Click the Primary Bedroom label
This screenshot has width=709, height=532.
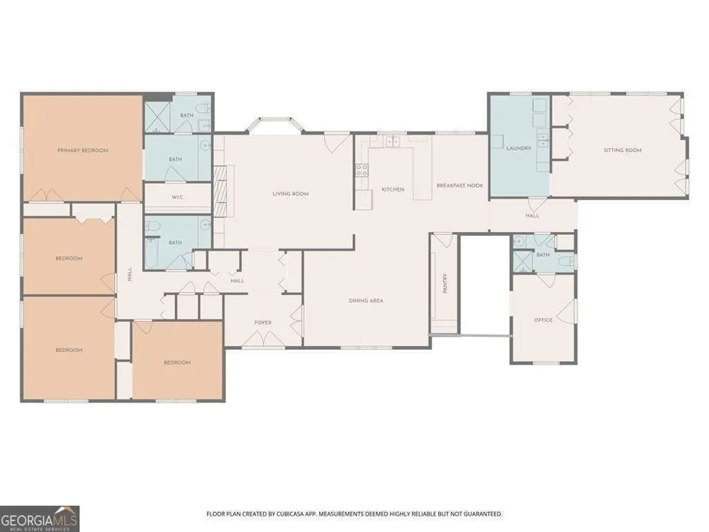pyautogui.click(x=83, y=150)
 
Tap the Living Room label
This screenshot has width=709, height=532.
pyautogui.click(x=291, y=194)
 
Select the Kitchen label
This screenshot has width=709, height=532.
pyautogui.click(x=393, y=189)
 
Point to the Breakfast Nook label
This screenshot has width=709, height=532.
pyautogui.click(x=460, y=185)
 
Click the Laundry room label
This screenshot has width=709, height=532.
pyautogui.click(x=519, y=148)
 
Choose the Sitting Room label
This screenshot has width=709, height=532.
pyautogui.click(x=623, y=150)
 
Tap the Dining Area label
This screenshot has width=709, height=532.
pyautogui.click(x=367, y=300)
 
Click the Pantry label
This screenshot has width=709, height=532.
pyautogui.click(x=445, y=284)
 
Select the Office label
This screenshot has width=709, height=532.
pyautogui.click(x=544, y=320)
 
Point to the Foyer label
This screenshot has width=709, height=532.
pyautogui.click(x=263, y=323)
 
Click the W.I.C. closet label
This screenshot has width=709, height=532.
pyautogui.click(x=178, y=197)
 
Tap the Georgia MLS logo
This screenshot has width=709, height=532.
pyautogui.click(x=40, y=519)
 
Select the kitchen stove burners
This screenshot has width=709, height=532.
pyautogui.click(x=362, y=170)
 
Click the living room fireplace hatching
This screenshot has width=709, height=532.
pyautogui.click(x=220, y=192)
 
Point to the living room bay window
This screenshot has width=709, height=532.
pyautogui.click(x=275, y=125)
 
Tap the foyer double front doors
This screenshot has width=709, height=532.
pyautogui.click(x=263, y=339)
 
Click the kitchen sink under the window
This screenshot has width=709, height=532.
pyautogui.click(x=392, y=142)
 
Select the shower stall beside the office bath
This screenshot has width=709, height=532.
pyautogui.click(x=523, y=262)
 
